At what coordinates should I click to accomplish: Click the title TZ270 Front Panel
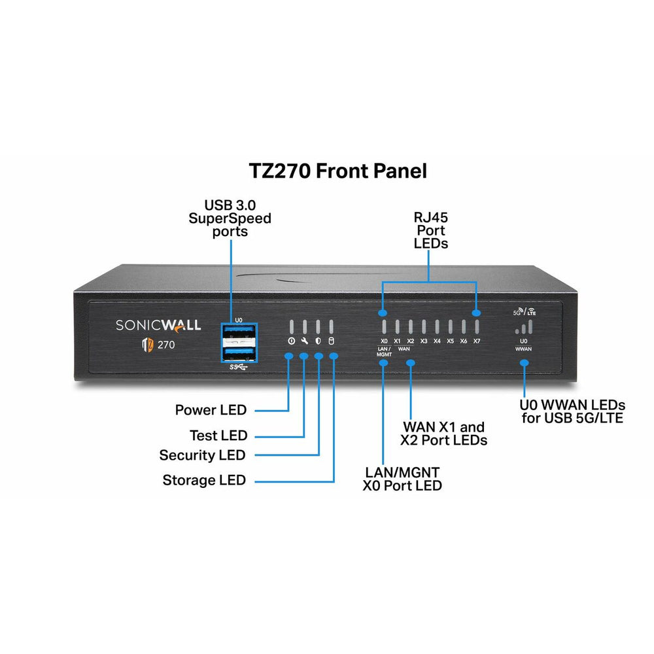[337, 171]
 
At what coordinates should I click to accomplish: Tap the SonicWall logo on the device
[158, 325]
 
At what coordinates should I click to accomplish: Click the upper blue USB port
[238, 332]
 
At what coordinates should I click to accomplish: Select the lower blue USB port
[238, 354]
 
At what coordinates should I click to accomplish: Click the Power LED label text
[211, 411]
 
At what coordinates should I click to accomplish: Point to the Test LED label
[218, 436]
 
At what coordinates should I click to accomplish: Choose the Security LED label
[202, 455]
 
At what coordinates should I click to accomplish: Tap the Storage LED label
[204, 481]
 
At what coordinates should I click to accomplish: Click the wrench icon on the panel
[304, 341]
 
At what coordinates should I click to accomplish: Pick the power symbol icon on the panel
[290, 341]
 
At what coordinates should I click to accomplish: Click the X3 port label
[424, 341]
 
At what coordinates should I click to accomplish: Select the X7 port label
[477, 341]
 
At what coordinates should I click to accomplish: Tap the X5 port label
[450, 341]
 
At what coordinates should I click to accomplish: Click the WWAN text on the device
[523, 349]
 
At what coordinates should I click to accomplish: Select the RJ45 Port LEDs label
[430, 230]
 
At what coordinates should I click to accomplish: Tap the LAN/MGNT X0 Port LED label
[402, 478]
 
